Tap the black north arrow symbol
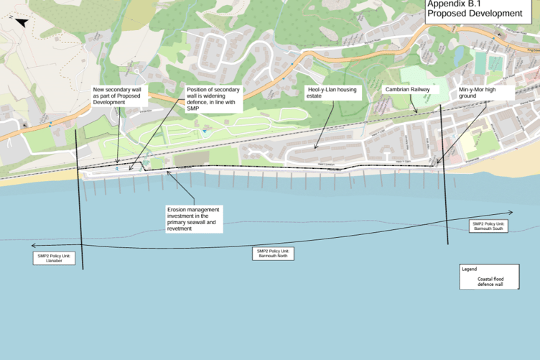[x=21, y=22]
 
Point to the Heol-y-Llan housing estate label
[x=332, y=93]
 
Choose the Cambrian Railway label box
[x=407, y=90]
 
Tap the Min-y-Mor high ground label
[x=486, y=93]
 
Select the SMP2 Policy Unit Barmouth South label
[x=489, y=226]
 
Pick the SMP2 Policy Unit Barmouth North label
[x=273, y=253]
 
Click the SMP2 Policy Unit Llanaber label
[x=55, y=258]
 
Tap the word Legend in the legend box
[x=470, y=269]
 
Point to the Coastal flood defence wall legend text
[x=490, y=281]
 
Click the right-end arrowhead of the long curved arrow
[x=511, y=212]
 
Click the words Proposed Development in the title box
[x=475, y=13]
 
